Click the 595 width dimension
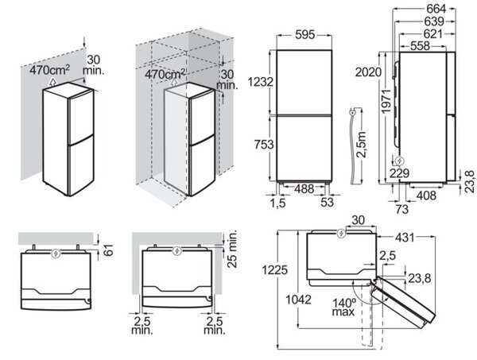304,35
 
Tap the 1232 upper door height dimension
261,82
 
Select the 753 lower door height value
264,144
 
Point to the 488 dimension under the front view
304,189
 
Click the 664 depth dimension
436,9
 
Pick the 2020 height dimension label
368,72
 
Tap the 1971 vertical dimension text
386,101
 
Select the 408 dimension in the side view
426,195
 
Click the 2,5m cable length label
362,145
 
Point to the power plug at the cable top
352,113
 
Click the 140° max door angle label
343,307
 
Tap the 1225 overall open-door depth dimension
275,269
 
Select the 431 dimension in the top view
405,237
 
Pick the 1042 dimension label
298,300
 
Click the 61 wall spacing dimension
108,250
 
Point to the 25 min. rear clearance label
232,250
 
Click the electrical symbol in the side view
398,161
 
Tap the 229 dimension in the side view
399,173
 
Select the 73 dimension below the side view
401,209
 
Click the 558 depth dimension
420,46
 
